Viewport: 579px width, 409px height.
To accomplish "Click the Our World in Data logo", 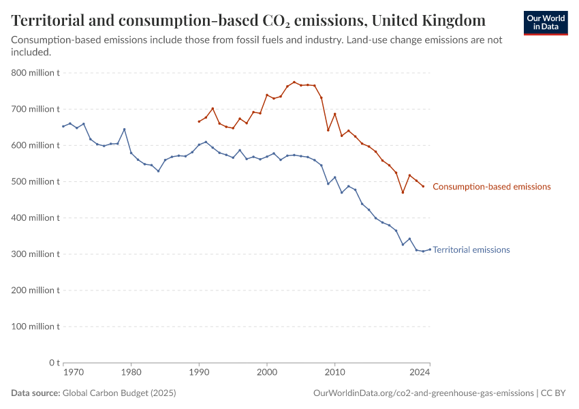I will tap(545, 22).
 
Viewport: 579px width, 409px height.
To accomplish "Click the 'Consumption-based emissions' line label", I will tap(491, 187).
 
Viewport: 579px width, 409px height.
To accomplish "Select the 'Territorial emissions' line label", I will tap(471, 250).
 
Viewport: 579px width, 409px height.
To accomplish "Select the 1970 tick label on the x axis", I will tap(73, 372).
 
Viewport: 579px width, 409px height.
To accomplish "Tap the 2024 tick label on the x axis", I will tap(420, 372).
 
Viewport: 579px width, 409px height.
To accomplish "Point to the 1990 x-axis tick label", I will tap(199, 372).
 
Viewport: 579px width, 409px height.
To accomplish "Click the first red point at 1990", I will tap(199, 121).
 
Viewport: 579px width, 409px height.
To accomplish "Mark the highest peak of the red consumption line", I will tap(294, 82).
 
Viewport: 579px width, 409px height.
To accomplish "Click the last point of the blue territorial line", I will tap(430, 249).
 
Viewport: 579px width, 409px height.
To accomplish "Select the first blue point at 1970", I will tap(63, 126).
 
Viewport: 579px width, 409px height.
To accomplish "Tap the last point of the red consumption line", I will tap(423, 186).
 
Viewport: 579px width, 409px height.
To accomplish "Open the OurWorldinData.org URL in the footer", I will tap(423, 393).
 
